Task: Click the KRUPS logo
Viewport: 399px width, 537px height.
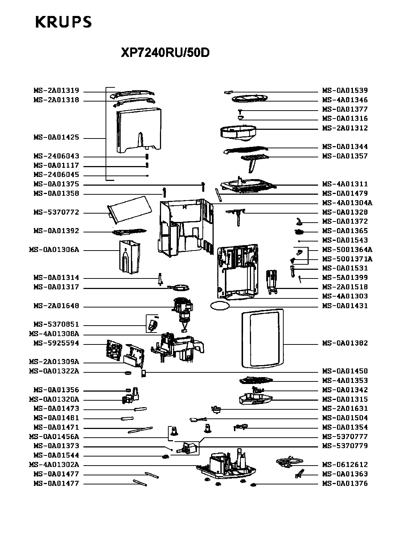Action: pos(63,22)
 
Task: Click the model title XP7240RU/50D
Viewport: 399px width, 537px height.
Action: pos(165,53)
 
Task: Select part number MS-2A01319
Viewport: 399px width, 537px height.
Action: pos(56,91)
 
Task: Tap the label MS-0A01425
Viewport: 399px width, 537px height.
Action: pos(56,138)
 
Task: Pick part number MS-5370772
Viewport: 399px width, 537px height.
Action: pos(56,212)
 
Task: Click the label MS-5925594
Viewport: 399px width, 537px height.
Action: pos(56,343)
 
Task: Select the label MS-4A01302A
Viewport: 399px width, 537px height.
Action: pos(54,465)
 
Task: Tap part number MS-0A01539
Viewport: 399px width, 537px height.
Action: pos(345,91)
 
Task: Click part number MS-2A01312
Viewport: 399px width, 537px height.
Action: pos(345,128)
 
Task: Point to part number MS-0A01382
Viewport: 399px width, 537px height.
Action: pos(345,343)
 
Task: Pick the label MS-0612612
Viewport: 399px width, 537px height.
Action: pos(345,465)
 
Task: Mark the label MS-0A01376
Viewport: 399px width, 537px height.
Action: pos(345,484)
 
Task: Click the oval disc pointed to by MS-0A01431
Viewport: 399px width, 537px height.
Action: pos(219,306)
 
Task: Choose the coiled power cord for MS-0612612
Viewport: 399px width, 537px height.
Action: pos(289,461)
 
